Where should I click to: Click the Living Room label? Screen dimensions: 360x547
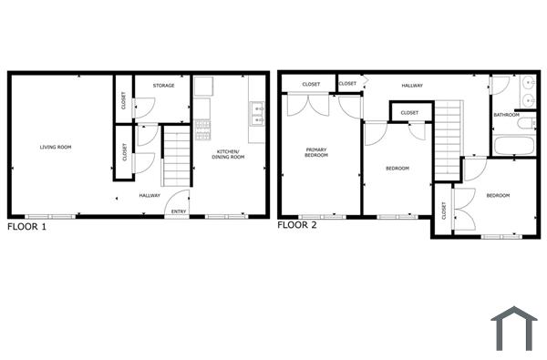click(55, 147)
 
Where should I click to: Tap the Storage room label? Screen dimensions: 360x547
click(164, 86)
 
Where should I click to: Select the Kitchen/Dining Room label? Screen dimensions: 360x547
click(230, 153)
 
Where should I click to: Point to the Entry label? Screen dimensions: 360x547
click(178, 212)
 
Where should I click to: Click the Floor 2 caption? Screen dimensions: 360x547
click(297, 224)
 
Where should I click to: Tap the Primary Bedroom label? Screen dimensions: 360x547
click(316, 153)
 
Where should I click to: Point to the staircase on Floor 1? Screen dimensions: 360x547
click(175, 157)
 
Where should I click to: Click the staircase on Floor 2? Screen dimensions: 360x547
click(446, 140)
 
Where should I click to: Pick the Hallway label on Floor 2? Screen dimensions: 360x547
click(412, 86)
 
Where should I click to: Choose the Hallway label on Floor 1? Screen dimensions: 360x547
click(150, 195)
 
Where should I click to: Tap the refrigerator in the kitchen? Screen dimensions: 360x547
click(203, 87)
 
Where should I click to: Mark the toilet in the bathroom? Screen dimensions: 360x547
click(528, 122)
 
